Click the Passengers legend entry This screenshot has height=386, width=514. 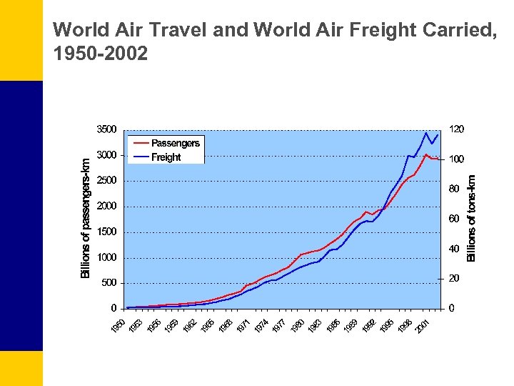(175, 143)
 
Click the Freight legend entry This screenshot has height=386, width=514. (166, 157)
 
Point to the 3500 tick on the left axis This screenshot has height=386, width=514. (106, 130)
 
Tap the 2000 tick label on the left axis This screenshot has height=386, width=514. (106, 207)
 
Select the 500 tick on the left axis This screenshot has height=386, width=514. (109, 283)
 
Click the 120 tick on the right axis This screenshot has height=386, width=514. (456, 129)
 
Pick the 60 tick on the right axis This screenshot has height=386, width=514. (454, 219)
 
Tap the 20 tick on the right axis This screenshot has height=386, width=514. (454, 278)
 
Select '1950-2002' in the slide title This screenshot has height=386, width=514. (101, 53)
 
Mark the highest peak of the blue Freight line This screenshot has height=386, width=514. (426, 133)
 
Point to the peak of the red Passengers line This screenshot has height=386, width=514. (426, 154)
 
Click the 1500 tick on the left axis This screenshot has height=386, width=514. (106, 232)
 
